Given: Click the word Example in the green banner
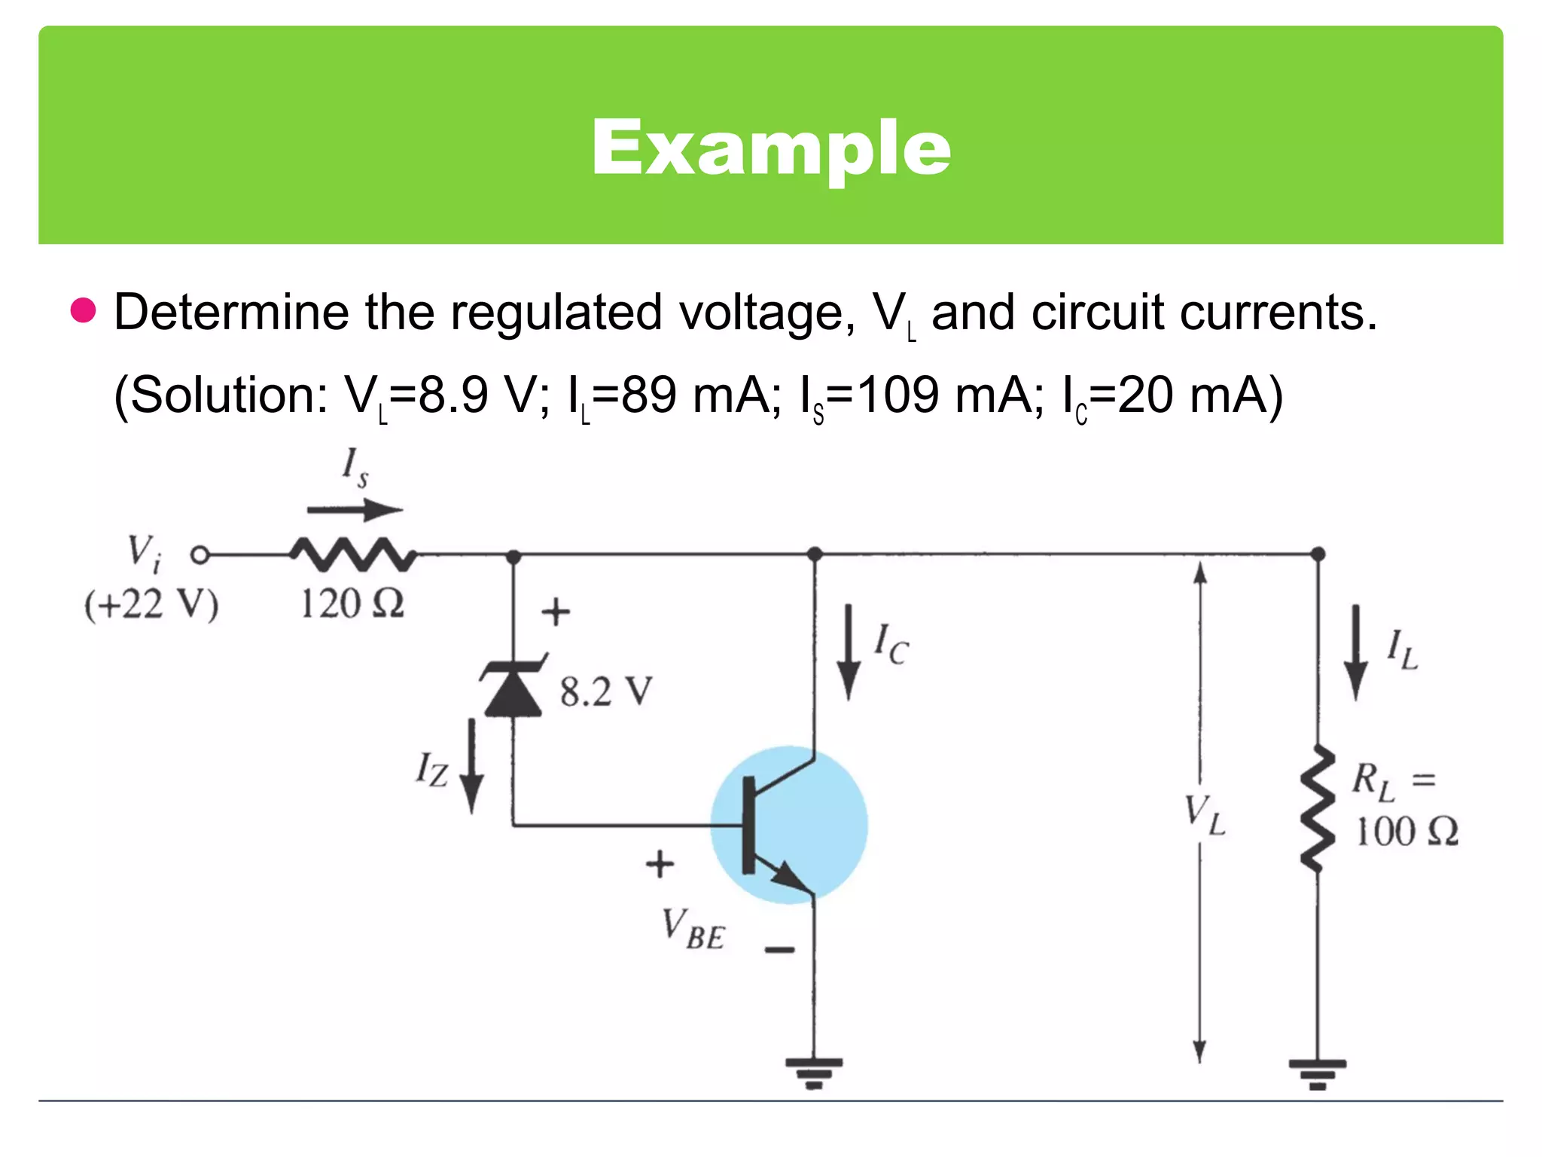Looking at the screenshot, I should (x=771, y=148).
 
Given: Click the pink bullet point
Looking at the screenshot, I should (x=84, y=310).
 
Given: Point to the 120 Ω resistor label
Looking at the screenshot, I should (x=352, y=603).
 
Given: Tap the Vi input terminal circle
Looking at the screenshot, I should (x=200, y=555).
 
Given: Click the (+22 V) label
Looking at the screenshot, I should (x=151, y=605).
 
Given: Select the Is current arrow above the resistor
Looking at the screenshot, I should (x=355, y=510).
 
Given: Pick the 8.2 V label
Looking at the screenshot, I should (x=606, y=691).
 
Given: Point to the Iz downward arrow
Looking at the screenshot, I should (x=472, y=765).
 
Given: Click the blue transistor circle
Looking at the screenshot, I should (x=788, y=825).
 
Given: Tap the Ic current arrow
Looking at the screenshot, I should (x=849, y=652).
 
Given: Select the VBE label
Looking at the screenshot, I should (x=693, y=930).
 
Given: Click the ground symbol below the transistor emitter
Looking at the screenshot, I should (x=814, y=1073).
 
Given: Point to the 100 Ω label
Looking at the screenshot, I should (x=1406, y=832).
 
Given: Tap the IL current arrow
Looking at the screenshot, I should (x=1356, y=652).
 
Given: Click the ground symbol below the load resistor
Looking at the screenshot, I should (x=1317, y=1073).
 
